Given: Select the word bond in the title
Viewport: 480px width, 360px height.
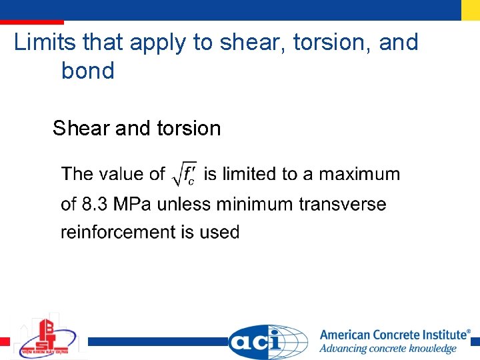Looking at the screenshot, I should point(87,71).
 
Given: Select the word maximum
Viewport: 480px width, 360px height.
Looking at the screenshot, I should point(359,175).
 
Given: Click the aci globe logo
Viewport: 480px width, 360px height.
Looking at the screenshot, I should point(267,341).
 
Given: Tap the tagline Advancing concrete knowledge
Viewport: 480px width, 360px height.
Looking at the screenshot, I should point(387,349).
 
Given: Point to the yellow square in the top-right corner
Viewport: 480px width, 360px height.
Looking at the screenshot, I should point(470,9).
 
